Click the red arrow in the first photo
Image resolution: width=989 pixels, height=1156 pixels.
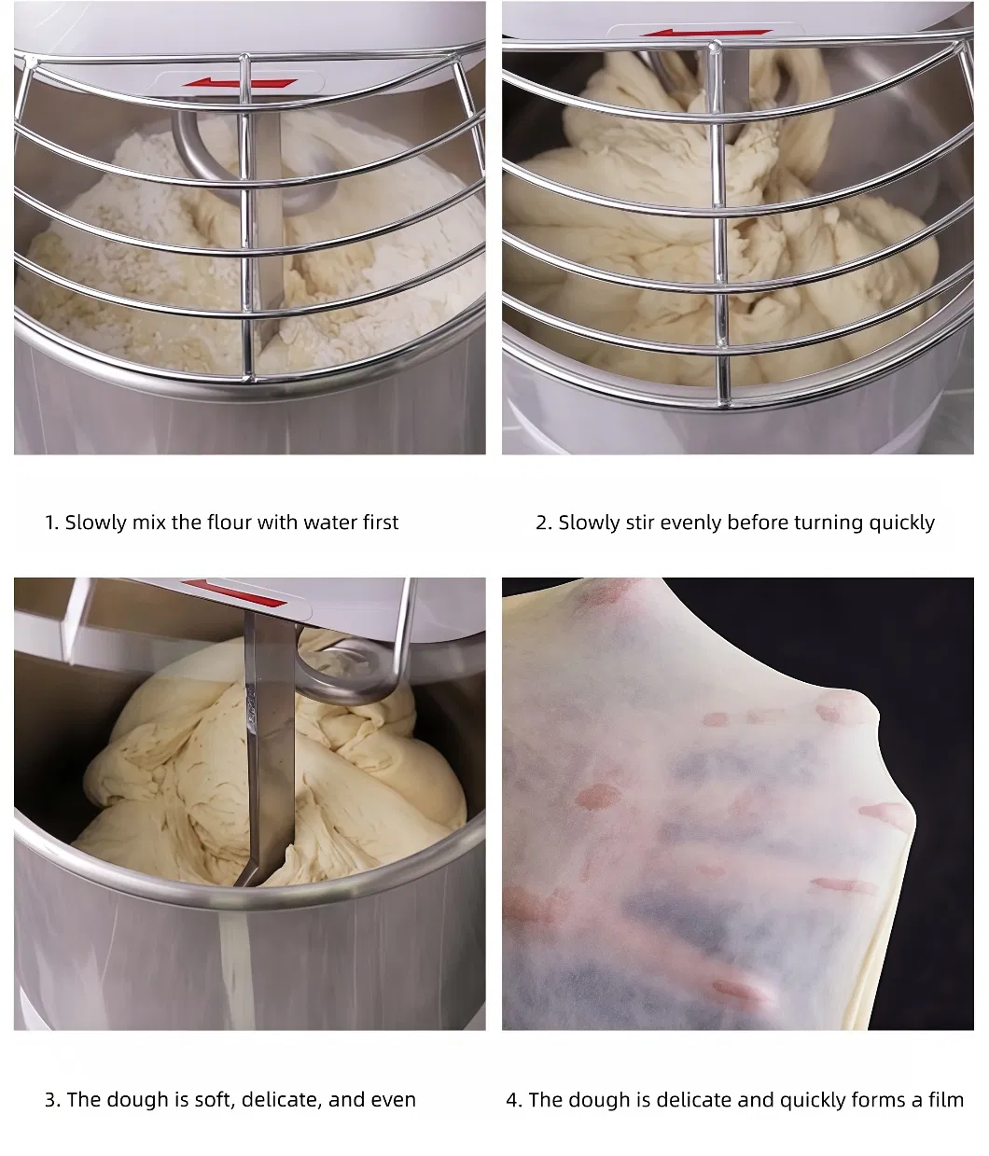240,83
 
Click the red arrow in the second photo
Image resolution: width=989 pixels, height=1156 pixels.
706,33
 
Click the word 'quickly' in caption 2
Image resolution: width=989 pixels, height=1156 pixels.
901,522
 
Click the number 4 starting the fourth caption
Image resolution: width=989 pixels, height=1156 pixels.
512,1100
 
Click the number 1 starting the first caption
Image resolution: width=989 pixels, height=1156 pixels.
50,522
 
